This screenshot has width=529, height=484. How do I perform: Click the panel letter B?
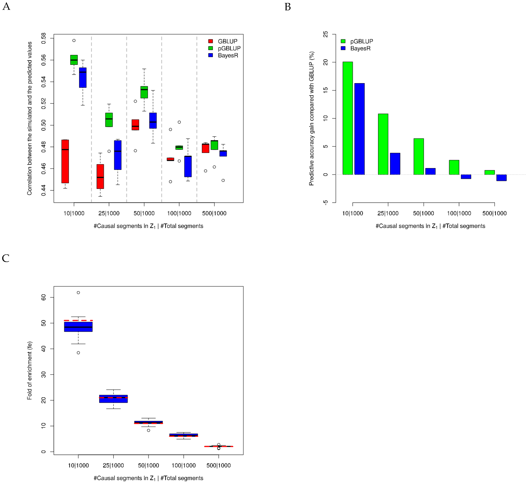(x=288, y=7)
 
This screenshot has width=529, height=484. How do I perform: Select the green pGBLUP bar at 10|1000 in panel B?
(x=348, y=118)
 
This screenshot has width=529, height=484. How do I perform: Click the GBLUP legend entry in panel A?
(x=227, y=41)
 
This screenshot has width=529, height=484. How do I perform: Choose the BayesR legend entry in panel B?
(x=360, y=48)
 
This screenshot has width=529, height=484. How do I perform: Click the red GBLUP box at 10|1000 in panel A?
(x=65, y=161)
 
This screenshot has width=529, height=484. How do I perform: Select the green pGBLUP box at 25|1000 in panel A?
(x=109, y=120)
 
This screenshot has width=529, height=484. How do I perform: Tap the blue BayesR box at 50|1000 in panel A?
(x=153, y=121)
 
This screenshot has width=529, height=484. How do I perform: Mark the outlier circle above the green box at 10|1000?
(x=74, y=40)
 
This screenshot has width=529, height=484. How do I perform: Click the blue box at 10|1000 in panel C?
(x=78, y=327)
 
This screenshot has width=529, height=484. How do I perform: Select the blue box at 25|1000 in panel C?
(x=113, y=399)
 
